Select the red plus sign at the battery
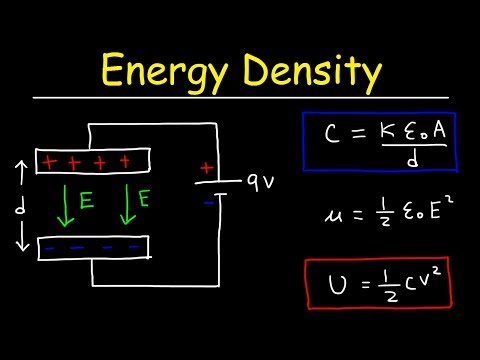[x=207, y=168]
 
